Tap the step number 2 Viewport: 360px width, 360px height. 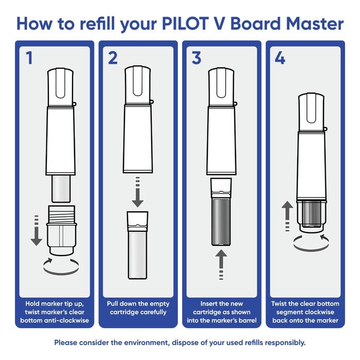[x=113, y=58]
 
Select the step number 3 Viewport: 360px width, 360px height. [x=196, y=58]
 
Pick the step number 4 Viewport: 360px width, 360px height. [x=280, y=58]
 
